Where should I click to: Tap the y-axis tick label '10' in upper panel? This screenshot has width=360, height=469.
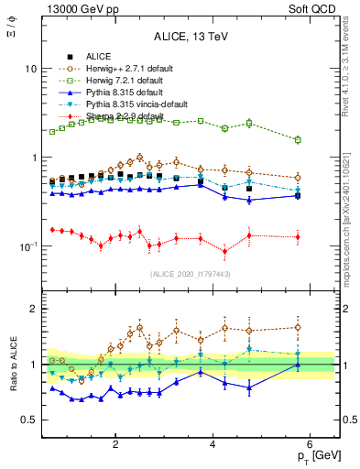(x=30, y=70)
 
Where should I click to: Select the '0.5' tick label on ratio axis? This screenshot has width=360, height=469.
(x=27, y=420)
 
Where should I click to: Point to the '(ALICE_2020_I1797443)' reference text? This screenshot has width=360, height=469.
(x=190, y=274)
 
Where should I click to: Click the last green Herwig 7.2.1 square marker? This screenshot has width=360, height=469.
(x=297, y=139)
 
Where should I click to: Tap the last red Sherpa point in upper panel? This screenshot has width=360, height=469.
(x=297, y=237)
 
